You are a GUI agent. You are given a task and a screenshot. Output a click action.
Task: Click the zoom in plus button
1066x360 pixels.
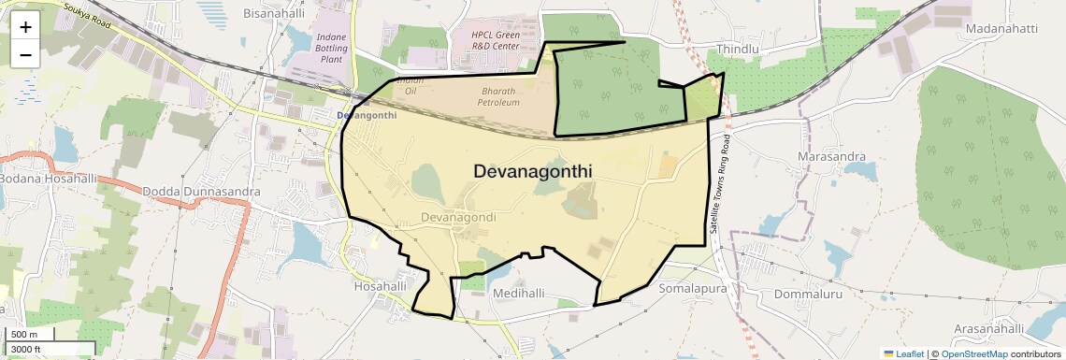pyautogui.click(x=25, y=26)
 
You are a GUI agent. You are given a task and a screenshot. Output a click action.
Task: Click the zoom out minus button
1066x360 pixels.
pyautogui.click(x=25, y=54)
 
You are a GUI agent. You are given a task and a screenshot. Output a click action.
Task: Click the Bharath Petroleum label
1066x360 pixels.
pyautogui.click(x=499, y=96)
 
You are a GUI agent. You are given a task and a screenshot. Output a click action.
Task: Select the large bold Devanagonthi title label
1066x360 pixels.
pyautogui.click(x=533, y=172)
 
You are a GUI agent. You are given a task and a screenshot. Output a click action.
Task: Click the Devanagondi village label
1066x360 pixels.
pyautogui.click(x=458, y=217)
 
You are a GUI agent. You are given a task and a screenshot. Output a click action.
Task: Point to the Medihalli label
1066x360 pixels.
pyautogui.click(x=518, y=293)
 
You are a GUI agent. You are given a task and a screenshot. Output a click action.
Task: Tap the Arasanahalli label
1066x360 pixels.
pyautogui.click(x=989, y=328)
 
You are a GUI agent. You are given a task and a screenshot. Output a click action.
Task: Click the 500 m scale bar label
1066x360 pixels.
pyautogui.click(x=25, y=335)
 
